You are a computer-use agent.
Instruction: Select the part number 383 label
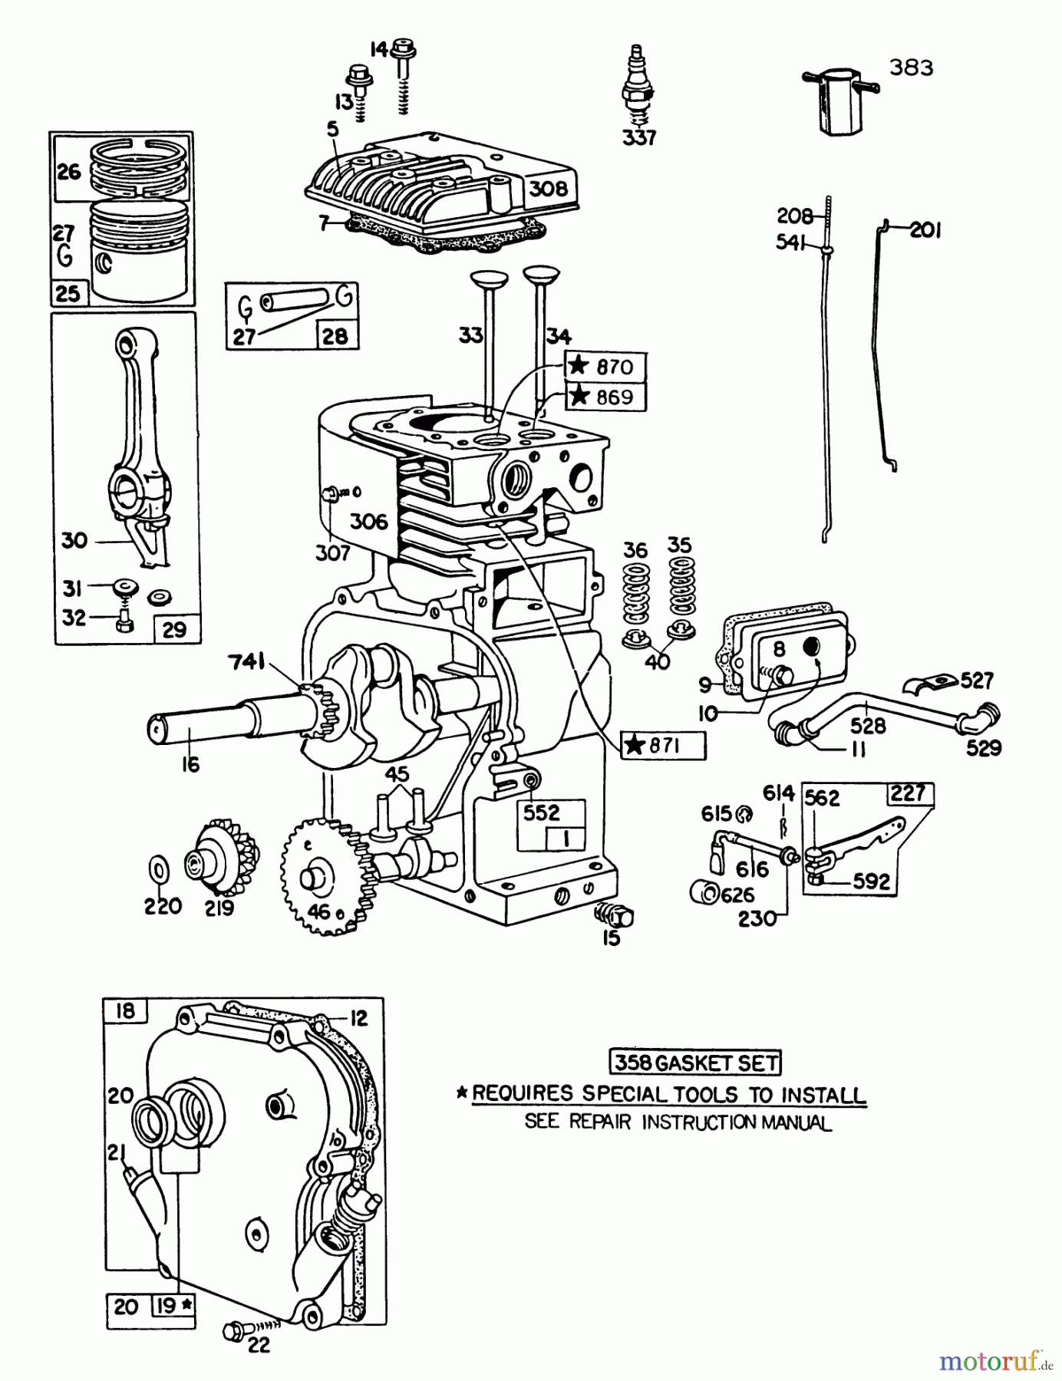pyautogui.click(x=912, y=68)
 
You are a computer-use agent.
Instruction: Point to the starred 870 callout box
pyautogui.click(x=605, y=366)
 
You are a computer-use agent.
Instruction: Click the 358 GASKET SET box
pyautogui.click(x=695, y=1063)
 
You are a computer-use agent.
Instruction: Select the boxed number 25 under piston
pyautogui.click(x=68, y=293)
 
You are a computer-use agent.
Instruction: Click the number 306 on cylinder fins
pyautogui.click(x=369, y=522)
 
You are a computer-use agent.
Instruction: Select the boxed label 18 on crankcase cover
pyautogui.click(x=124, y=1010)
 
